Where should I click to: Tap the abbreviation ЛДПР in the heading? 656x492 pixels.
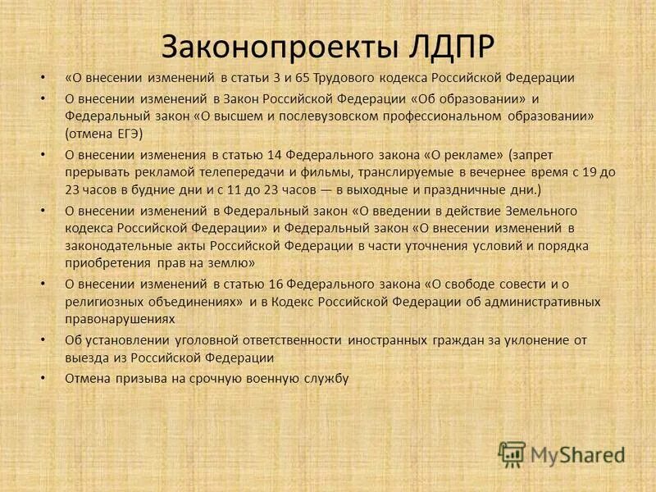(x=451, y=47)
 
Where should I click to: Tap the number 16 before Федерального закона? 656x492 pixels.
(x=276, y=283)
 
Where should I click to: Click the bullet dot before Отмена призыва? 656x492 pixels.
(x=43, y=378)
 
